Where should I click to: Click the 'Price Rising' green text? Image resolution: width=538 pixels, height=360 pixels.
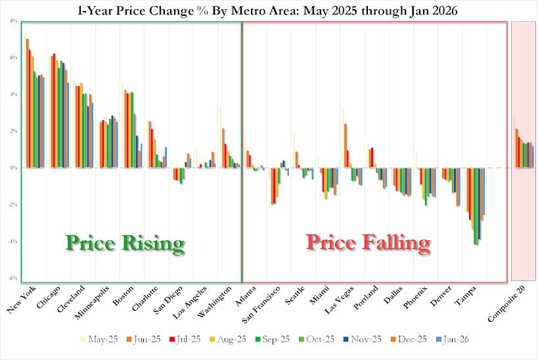(x=124, y=244)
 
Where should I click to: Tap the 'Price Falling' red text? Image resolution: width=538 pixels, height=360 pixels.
(x=369, y=244)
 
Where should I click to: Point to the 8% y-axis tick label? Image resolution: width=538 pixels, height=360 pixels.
(x=13, y=21)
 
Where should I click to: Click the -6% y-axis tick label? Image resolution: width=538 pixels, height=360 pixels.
(x=12, y=279)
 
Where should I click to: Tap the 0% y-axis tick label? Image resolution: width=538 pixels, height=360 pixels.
(x=13, y=168)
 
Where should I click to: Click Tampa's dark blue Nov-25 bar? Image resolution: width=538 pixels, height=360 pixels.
(x=480, y=204)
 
